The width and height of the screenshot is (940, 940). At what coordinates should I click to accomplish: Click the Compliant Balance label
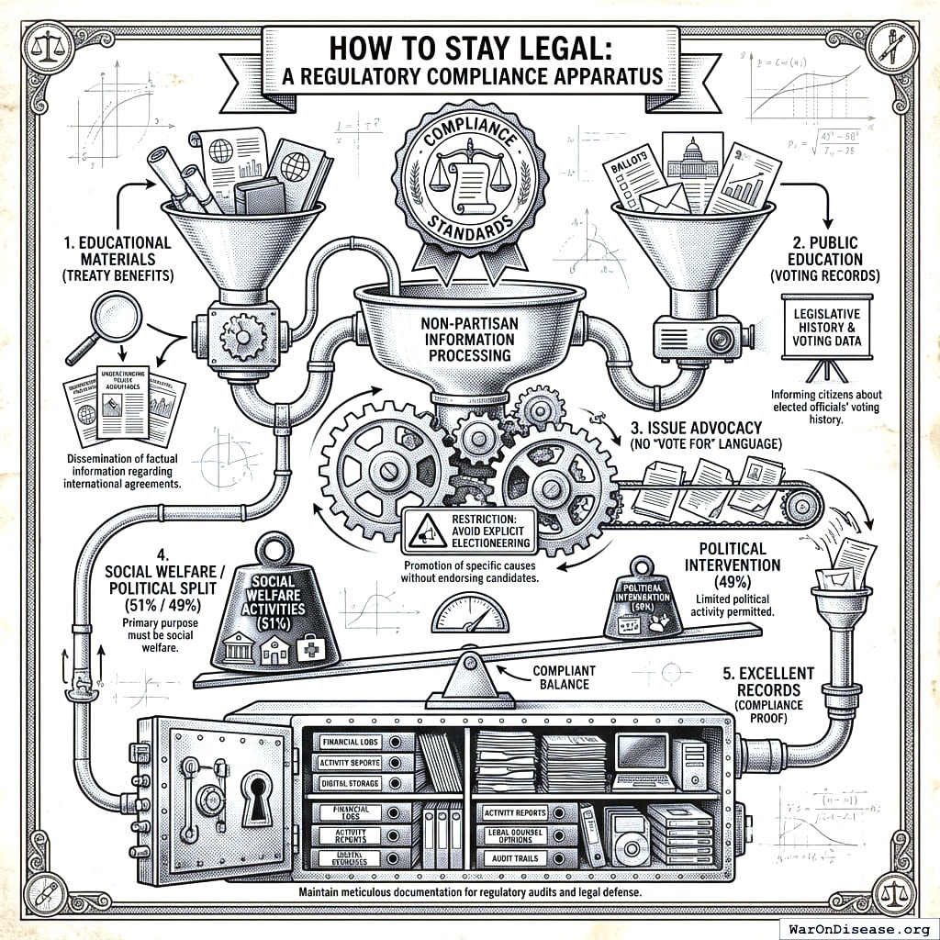pos(564,678)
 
